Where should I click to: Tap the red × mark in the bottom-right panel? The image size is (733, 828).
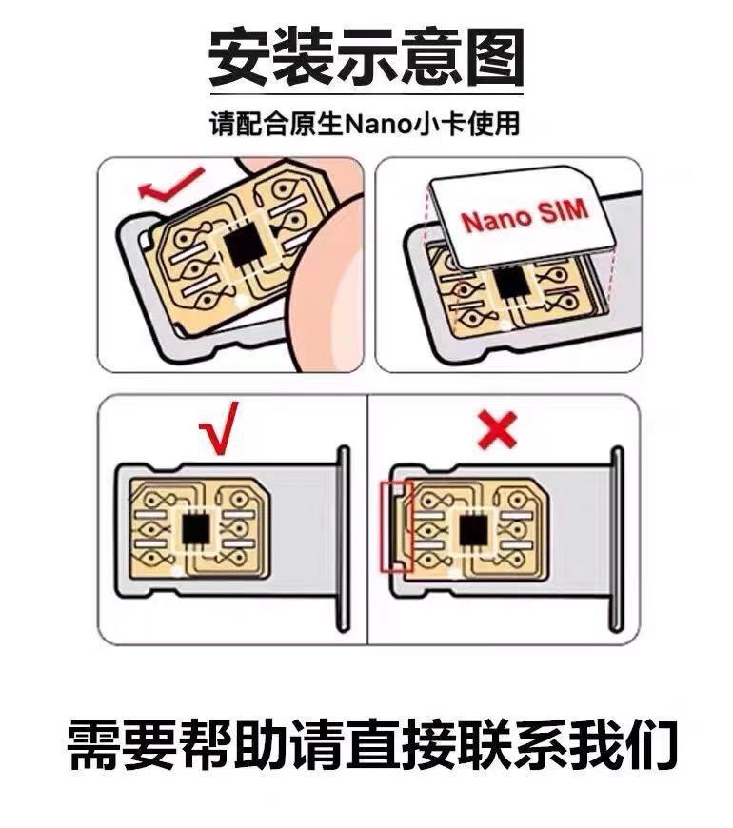coord(496,431)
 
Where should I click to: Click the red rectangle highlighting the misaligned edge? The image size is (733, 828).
coord(395,526)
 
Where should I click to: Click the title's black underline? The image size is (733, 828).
coord(366,93)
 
